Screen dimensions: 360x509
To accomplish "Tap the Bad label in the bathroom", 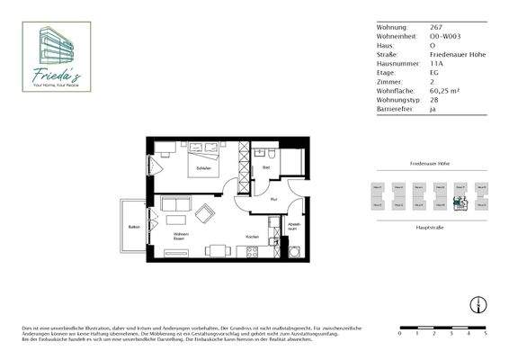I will pos(267,167).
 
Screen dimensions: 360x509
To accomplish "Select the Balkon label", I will pos(132,227).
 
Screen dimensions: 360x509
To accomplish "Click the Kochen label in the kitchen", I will pos(253,237).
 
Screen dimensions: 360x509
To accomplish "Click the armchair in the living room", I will pos(205,215).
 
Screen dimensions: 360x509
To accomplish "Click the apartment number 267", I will pos(436,28).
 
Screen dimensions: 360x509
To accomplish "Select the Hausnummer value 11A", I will pos(438,64).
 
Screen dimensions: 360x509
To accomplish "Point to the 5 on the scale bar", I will pos(485,333).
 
